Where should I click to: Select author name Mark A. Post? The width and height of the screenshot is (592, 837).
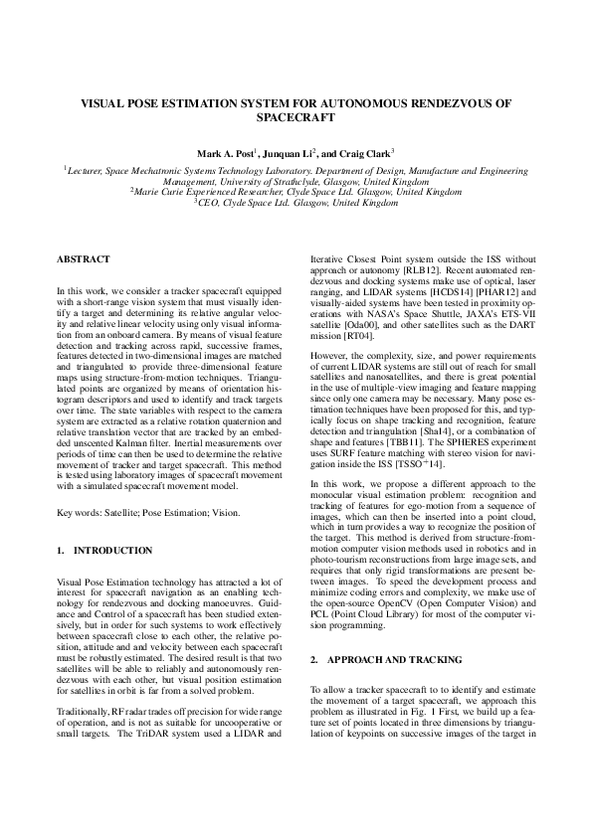pyautogui.click(x=226, y=154)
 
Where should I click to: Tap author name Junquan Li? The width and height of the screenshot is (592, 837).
pyautogui.click(x=287, y=154)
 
